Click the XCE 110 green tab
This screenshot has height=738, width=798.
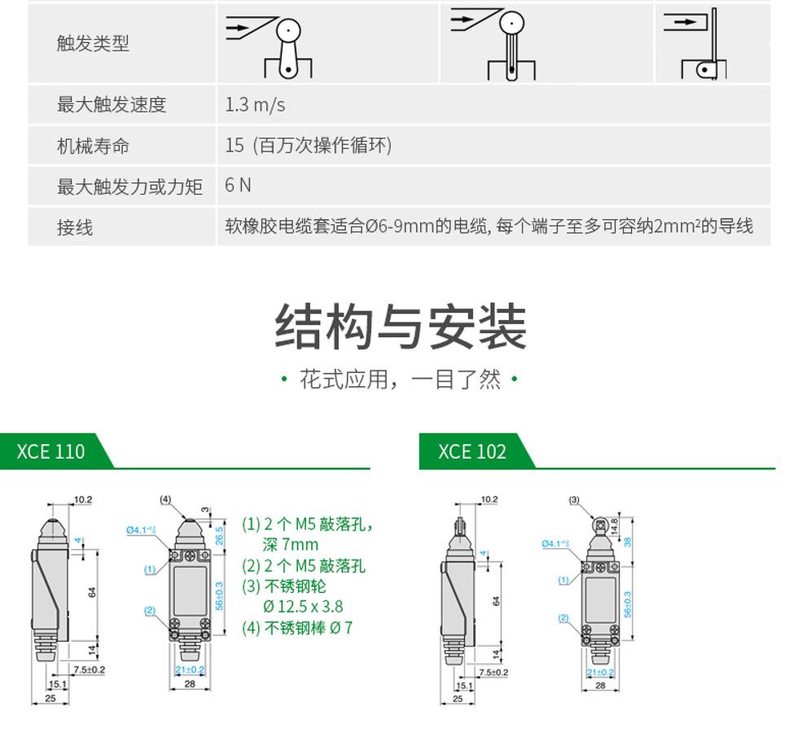50,452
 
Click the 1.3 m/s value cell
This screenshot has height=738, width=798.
255,105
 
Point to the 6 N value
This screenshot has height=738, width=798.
238,186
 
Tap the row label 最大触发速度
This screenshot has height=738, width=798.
111,105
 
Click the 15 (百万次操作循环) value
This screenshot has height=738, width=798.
309,146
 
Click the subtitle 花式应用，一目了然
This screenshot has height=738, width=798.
400,380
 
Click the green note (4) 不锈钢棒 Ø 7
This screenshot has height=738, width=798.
298,628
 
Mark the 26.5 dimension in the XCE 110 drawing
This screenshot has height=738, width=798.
219,534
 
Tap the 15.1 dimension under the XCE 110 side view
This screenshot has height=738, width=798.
57,685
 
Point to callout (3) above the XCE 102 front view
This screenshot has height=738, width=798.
573,499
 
